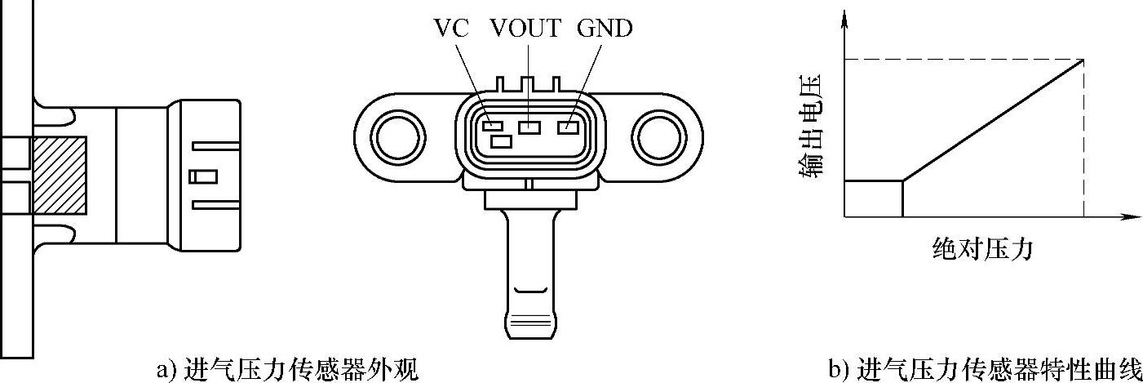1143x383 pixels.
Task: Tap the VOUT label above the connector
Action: (x=526, y=29)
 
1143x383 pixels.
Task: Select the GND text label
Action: (x=604, y=29)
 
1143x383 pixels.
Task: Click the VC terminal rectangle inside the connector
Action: (x=491, y=126)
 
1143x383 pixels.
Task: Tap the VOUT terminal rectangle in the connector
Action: (x=530, y=127)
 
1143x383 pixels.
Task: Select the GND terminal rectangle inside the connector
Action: (x=568, y=127)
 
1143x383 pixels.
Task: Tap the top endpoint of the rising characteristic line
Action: (x=1083, y=60)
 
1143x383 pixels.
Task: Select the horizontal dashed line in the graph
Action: (x=963, y=59)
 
